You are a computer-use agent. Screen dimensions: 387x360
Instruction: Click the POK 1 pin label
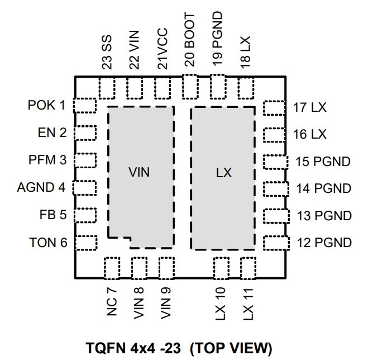pos(46,105)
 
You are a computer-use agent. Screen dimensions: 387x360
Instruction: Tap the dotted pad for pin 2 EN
pos(85,133)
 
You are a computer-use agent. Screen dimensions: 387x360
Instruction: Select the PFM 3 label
pos(47,160)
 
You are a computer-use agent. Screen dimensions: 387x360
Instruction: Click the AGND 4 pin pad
pos(84,188)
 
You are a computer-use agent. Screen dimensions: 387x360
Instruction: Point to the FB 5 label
pos(53,215)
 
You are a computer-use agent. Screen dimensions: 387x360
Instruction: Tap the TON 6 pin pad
pos(86,243)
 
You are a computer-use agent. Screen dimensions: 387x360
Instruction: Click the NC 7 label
pos(112,301)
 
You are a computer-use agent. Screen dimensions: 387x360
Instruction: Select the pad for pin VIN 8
pos(140,268)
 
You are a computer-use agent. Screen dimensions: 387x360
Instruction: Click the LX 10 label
pos(221,304)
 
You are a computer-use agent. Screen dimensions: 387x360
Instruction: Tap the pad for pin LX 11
pos(248,268)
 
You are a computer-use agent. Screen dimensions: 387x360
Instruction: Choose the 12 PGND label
pos(324,243)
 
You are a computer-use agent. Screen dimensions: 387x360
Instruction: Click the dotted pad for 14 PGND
pos(276,189)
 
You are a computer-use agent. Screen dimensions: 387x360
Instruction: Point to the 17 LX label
pos(309,107)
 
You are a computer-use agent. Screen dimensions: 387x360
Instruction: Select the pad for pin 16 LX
pos(274,135)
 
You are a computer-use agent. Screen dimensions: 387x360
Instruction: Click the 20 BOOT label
pos(189,40)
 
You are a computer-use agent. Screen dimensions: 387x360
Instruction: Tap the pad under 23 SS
pos(107,88)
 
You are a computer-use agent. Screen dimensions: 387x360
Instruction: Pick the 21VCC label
pos(163,49)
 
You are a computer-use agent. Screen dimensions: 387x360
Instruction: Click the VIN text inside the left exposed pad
pos(139,172)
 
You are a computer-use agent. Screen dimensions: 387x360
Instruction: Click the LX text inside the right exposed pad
pos(224,173)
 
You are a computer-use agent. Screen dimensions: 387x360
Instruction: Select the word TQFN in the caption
pos(106,348)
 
